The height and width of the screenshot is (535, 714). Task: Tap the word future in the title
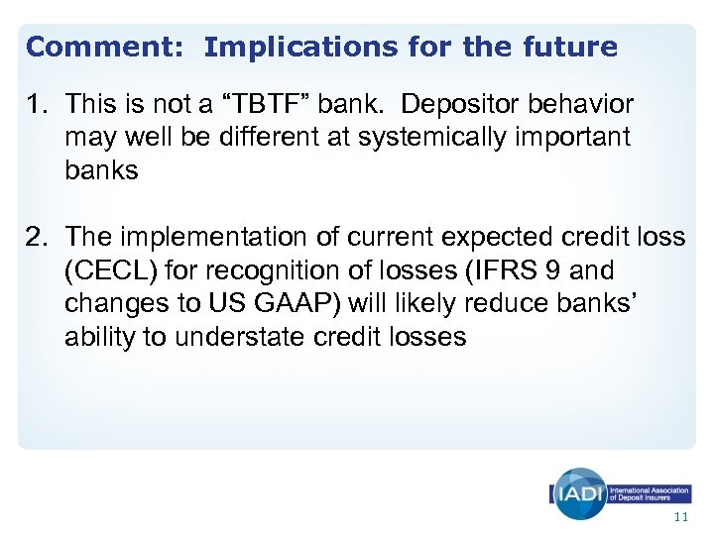tap(565, 47)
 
